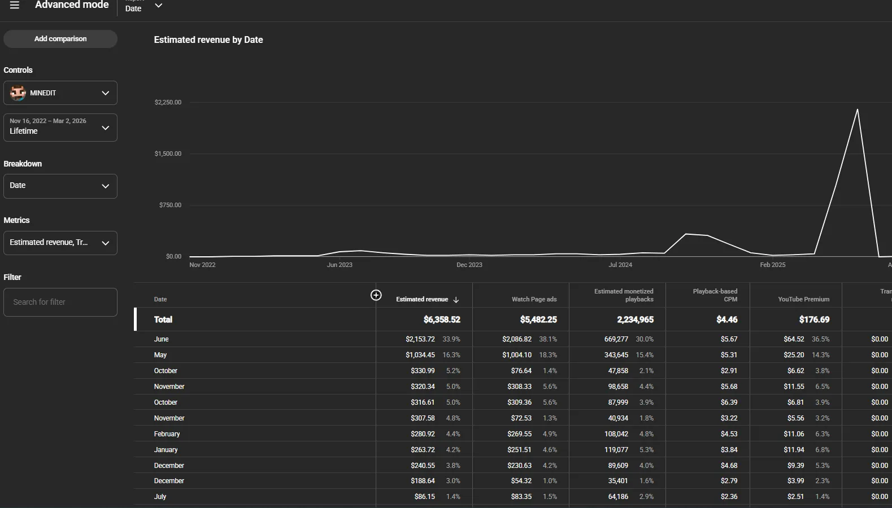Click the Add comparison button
tap(60, 39)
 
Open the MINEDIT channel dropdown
tap(60, 93)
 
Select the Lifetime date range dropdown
tap(60, 128)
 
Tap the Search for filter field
tap(60, 303)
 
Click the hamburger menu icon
tap(15, 5)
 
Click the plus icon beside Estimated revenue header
tap(376, 295)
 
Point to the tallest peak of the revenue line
tap(857, 110)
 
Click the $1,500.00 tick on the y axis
tap(168, 154)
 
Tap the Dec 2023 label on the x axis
tap(469, 265)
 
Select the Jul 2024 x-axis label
tap(620, 265)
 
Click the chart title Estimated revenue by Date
tap(208, 40)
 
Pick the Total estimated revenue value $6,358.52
tap(442, 320)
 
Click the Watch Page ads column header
tap(534, 300)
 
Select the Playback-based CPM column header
tap(715, 295)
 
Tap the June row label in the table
tap(161, 339)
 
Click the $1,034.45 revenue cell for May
tap(420, 355)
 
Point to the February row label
tap(167, 434)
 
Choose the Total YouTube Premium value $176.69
tap(814, 320)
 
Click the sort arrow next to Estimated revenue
tap(456, 300)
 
